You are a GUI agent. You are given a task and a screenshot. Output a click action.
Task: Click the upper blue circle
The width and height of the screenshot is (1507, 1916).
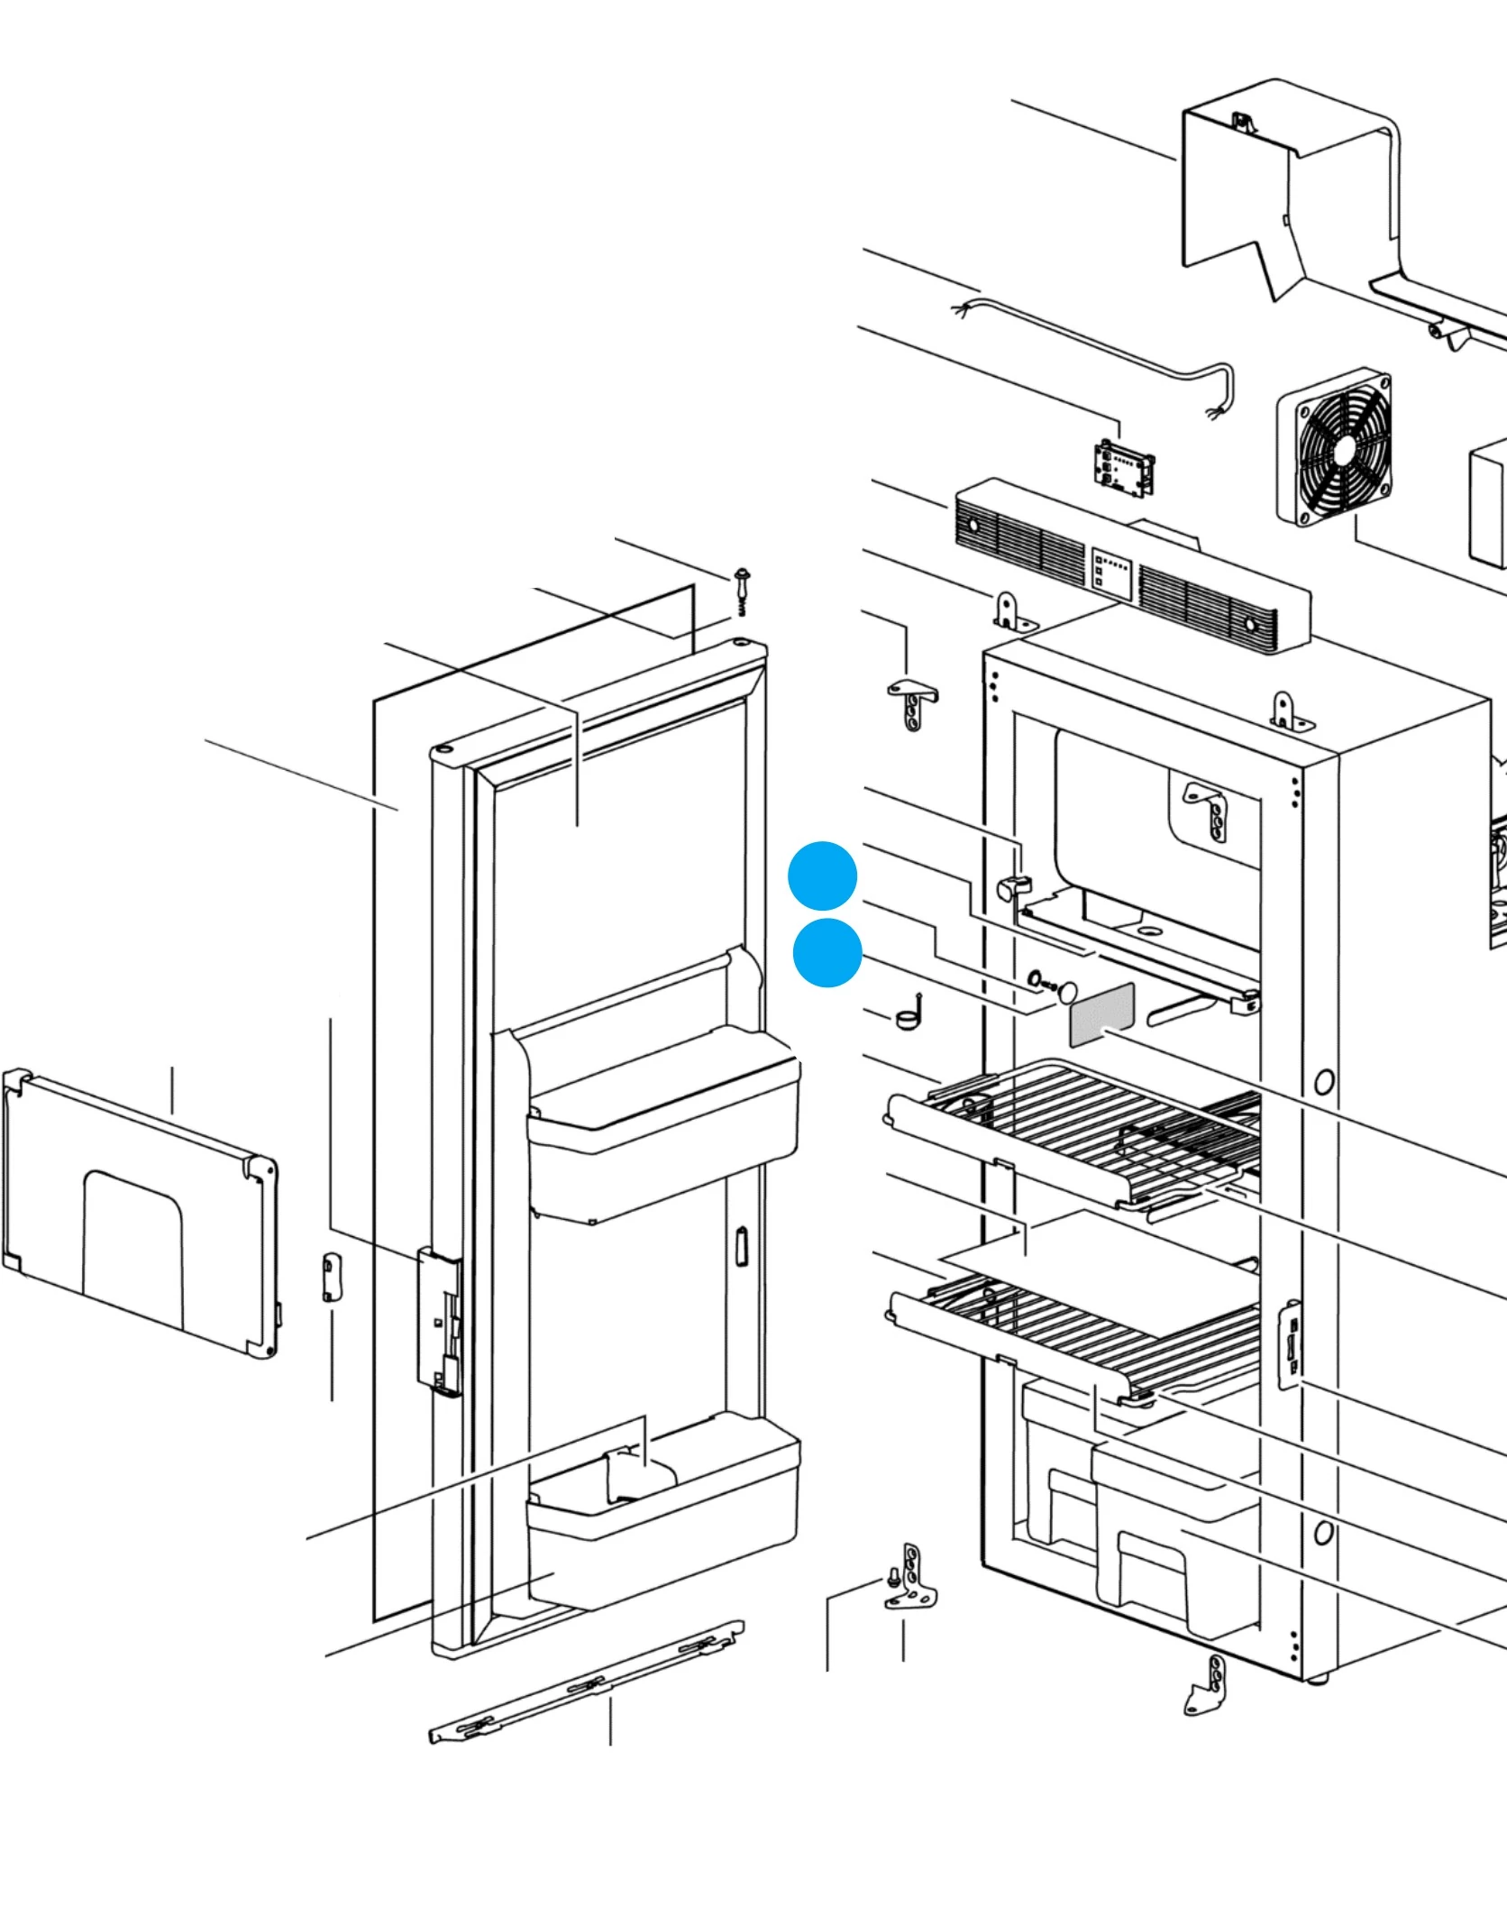822,875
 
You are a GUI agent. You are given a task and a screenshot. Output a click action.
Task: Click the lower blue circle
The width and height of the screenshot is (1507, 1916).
827,953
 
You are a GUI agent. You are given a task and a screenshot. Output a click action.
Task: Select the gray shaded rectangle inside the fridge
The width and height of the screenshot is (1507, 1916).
1101,1014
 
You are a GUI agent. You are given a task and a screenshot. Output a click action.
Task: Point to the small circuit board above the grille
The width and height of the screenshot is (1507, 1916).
1123,467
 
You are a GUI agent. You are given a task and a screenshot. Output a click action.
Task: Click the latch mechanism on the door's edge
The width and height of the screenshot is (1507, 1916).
439,1321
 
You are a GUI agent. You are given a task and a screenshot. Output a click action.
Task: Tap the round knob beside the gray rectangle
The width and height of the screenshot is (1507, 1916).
1068,992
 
